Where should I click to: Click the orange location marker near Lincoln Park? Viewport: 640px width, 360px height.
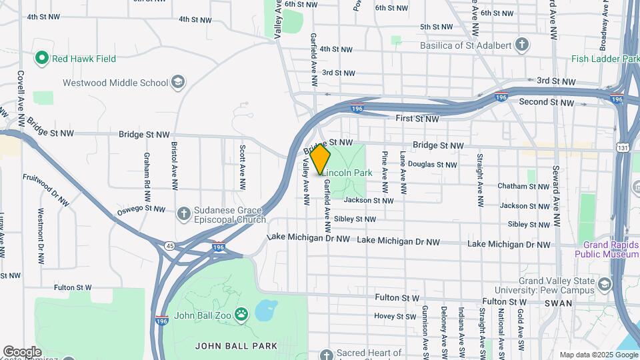pos(320,159)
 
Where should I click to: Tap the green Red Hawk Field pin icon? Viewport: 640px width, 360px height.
pos(43,59)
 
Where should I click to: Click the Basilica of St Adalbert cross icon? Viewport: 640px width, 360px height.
pos(523,45)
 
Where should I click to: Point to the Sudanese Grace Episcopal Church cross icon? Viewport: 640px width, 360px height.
pos(184,214)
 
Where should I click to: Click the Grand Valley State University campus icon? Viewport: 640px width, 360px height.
pos(604,285)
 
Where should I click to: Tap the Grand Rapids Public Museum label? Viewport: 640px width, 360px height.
pos(607,249)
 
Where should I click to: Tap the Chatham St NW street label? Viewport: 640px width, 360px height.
pos(524,187)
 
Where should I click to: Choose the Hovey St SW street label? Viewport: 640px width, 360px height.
pos(394,316)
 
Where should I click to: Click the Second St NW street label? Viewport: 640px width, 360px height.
pos(547,102)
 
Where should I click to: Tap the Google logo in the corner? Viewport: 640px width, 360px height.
pos(22,352)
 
